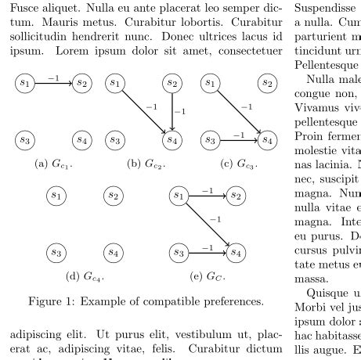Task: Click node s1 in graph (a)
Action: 25,82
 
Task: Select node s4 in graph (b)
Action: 171,140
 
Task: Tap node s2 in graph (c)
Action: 267,82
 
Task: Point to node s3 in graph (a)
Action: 25,140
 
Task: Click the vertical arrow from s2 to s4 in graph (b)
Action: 171,111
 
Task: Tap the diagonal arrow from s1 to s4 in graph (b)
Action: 142,110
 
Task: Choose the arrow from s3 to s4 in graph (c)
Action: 238,140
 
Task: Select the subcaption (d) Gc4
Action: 84,276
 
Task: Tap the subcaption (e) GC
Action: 205,276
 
